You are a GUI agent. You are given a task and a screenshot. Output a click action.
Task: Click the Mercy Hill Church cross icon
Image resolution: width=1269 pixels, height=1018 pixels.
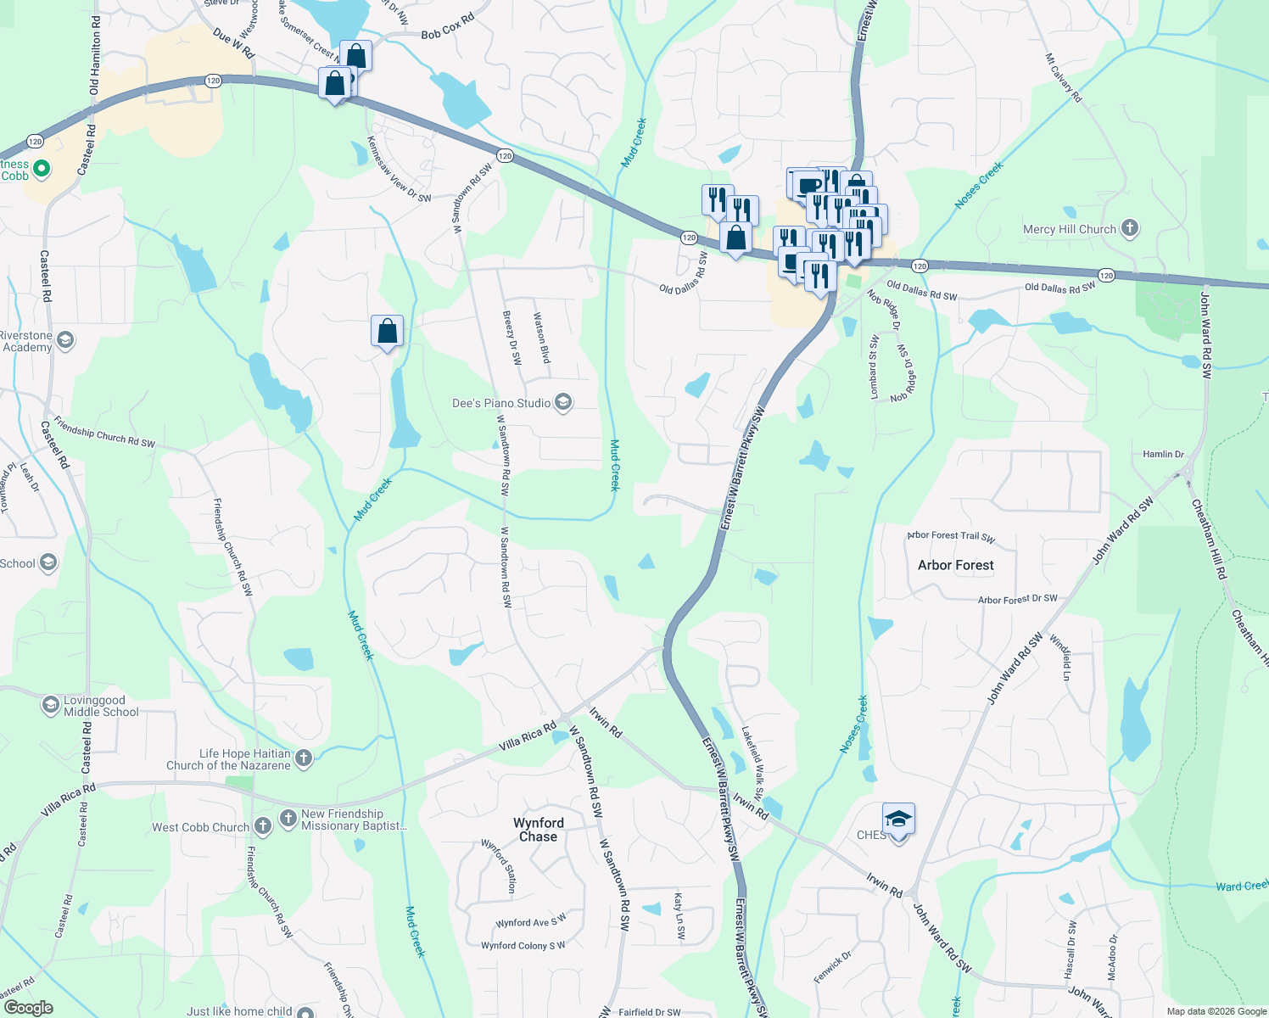coord(1129,228)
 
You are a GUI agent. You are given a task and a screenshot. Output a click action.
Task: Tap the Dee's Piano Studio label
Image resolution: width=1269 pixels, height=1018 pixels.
coord(501,403)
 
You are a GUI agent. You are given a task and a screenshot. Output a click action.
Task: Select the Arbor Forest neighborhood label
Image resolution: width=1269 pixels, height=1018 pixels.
coord(955,565)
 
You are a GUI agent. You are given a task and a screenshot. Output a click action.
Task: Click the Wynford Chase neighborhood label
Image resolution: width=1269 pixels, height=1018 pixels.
coord(539,829)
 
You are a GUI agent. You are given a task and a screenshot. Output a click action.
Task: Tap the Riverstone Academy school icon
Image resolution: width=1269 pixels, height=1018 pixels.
coord(65,340)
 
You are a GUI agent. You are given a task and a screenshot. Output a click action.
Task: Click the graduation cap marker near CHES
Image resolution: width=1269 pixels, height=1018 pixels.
coord(898,819)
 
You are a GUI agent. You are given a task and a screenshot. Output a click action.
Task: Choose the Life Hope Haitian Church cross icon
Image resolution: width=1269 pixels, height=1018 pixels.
coord(304,758)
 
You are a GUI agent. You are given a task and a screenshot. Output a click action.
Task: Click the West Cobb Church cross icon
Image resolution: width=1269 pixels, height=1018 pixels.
coord(263,825)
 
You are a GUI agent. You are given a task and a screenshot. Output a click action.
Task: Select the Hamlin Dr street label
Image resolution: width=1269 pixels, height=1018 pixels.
coord(1163,455)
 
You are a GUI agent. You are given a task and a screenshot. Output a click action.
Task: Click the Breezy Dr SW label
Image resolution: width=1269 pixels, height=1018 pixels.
coord(512,337)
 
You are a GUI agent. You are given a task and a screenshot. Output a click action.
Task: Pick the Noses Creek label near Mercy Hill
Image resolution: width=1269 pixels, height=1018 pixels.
coord(979,185)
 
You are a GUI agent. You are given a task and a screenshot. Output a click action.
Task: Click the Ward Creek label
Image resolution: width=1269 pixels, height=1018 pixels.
coord(1241,887)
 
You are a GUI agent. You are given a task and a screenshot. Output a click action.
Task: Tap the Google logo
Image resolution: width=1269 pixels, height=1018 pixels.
coord(28,1008)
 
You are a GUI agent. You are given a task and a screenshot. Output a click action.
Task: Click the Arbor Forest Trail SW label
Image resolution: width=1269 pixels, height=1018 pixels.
coord(951,536)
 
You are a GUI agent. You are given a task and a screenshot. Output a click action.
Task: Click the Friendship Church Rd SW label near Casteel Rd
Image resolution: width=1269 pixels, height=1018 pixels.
coord(104,432)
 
